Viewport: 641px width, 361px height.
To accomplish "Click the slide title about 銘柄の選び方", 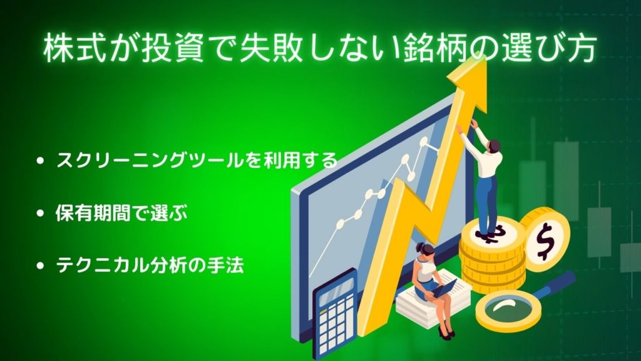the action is coord(319,49).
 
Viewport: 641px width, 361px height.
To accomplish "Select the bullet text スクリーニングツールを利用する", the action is coord(197,160).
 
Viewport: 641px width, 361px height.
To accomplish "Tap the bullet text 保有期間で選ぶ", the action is coord(122,213).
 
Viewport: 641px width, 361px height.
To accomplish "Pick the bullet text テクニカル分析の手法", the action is coord(150,265).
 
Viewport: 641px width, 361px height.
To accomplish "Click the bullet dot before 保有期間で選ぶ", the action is coord(40,213).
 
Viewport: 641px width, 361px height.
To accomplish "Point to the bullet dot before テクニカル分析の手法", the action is coord(40,266).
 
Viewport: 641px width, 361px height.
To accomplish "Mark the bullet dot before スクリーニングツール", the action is coord(40,160).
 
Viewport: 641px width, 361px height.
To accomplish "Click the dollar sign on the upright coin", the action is coord(545,240).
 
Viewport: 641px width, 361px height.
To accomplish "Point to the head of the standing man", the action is coord(494,145).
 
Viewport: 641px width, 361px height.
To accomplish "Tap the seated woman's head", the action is coord(425,249).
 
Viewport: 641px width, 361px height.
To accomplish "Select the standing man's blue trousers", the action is coord(488,205).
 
